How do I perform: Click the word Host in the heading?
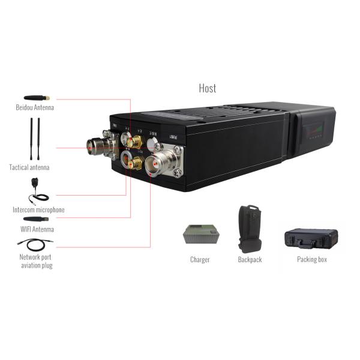(x=208, y=88)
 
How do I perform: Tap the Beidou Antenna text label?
(x=35, y=108)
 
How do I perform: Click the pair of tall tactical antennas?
(x=35, y=137)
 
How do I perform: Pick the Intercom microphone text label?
(x=38, y=210)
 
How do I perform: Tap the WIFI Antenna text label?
(x=37, y=229)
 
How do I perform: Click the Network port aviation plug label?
(x=37, y=262)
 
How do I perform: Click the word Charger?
(x=200, y=260)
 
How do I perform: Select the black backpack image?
(x=250, y=227)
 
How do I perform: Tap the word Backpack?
(x=250, y=260)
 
